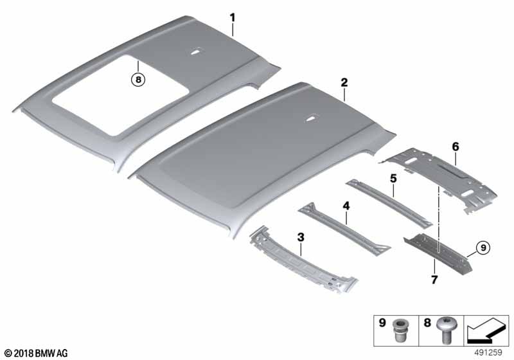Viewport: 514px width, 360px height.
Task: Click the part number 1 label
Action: [x=233, y=18]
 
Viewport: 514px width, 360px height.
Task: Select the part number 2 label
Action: [x=344, y=82]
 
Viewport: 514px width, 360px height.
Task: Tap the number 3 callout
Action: [x=301, y=237]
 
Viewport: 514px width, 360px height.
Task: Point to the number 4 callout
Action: [x=346, y=206]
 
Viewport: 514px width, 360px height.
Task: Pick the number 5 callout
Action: [x=393, y=178]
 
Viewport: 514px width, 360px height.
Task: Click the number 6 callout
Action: [x=456, y=147]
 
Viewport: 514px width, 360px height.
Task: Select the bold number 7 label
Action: [x=434, y=280]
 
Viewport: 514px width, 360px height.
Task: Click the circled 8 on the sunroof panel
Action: [x=138, y=79]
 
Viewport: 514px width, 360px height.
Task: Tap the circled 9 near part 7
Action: [x=483, y=248]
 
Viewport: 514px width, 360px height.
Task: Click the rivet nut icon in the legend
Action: [x=400, y=330]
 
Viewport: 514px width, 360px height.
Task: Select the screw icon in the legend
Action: [x=445, y=330]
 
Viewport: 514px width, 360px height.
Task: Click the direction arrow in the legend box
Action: [x=486, y=331]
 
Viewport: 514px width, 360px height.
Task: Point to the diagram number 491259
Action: [x=488, y=352]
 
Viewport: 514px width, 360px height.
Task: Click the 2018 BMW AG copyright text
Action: [x=37, y=353]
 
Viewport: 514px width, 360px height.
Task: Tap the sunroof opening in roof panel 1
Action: [x=121, y=94]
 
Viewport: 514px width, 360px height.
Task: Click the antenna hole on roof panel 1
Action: [x=196, y=51]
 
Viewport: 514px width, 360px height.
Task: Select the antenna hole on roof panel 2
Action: [x=310, y=119]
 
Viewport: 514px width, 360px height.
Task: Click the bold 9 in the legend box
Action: [x=382, y=323]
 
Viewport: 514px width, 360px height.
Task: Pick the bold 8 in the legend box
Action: [x=427, y=323]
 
